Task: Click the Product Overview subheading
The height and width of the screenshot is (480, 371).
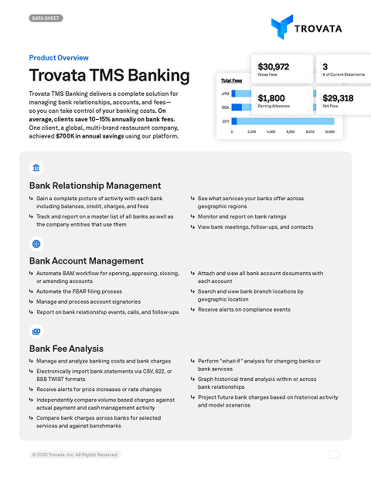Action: pos(59,58)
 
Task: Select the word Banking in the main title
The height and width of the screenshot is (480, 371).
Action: pos(158,76)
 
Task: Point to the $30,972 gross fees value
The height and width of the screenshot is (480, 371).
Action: pos(274,66)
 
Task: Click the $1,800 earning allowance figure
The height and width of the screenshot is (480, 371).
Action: pos(271,98)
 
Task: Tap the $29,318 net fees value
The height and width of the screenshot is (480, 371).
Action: pos(338,98)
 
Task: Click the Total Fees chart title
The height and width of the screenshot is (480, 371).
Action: pos(232,80)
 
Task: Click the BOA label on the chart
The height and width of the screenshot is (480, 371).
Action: pos(225,107)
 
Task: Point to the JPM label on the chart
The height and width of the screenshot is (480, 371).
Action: pos(225,94)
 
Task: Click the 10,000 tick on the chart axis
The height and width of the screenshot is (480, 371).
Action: pos(329,133)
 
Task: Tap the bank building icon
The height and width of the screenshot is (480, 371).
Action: pos(36,168)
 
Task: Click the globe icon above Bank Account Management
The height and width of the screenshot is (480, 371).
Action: pos(36,243)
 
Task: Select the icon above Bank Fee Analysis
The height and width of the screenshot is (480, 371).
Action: pos(36,331)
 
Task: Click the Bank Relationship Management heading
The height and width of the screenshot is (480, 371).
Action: pos(95,186)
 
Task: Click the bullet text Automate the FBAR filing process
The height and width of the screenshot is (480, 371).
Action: pos(79,291)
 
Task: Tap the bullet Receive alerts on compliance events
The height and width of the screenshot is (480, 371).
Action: pos(244,309)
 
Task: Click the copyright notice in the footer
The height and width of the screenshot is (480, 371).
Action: pos(75,454)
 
